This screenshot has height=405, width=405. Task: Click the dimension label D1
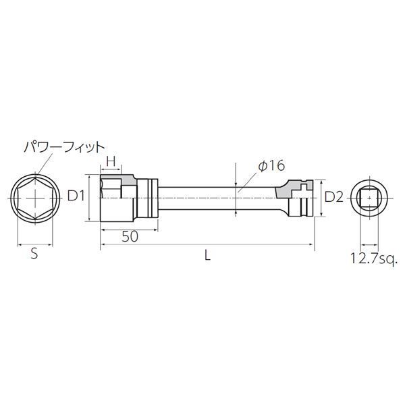(x=76, y=196)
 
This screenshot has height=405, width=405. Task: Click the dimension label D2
(x=334, y=197)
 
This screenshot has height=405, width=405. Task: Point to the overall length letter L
(x=207, y=256)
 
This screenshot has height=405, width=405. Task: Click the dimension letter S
(x=34, y=254)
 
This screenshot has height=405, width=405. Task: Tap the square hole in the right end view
(x=369, y=197)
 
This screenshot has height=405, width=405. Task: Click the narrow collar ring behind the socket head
(x=153, y=197)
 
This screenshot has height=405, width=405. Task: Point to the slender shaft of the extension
(x=216, y=197)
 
